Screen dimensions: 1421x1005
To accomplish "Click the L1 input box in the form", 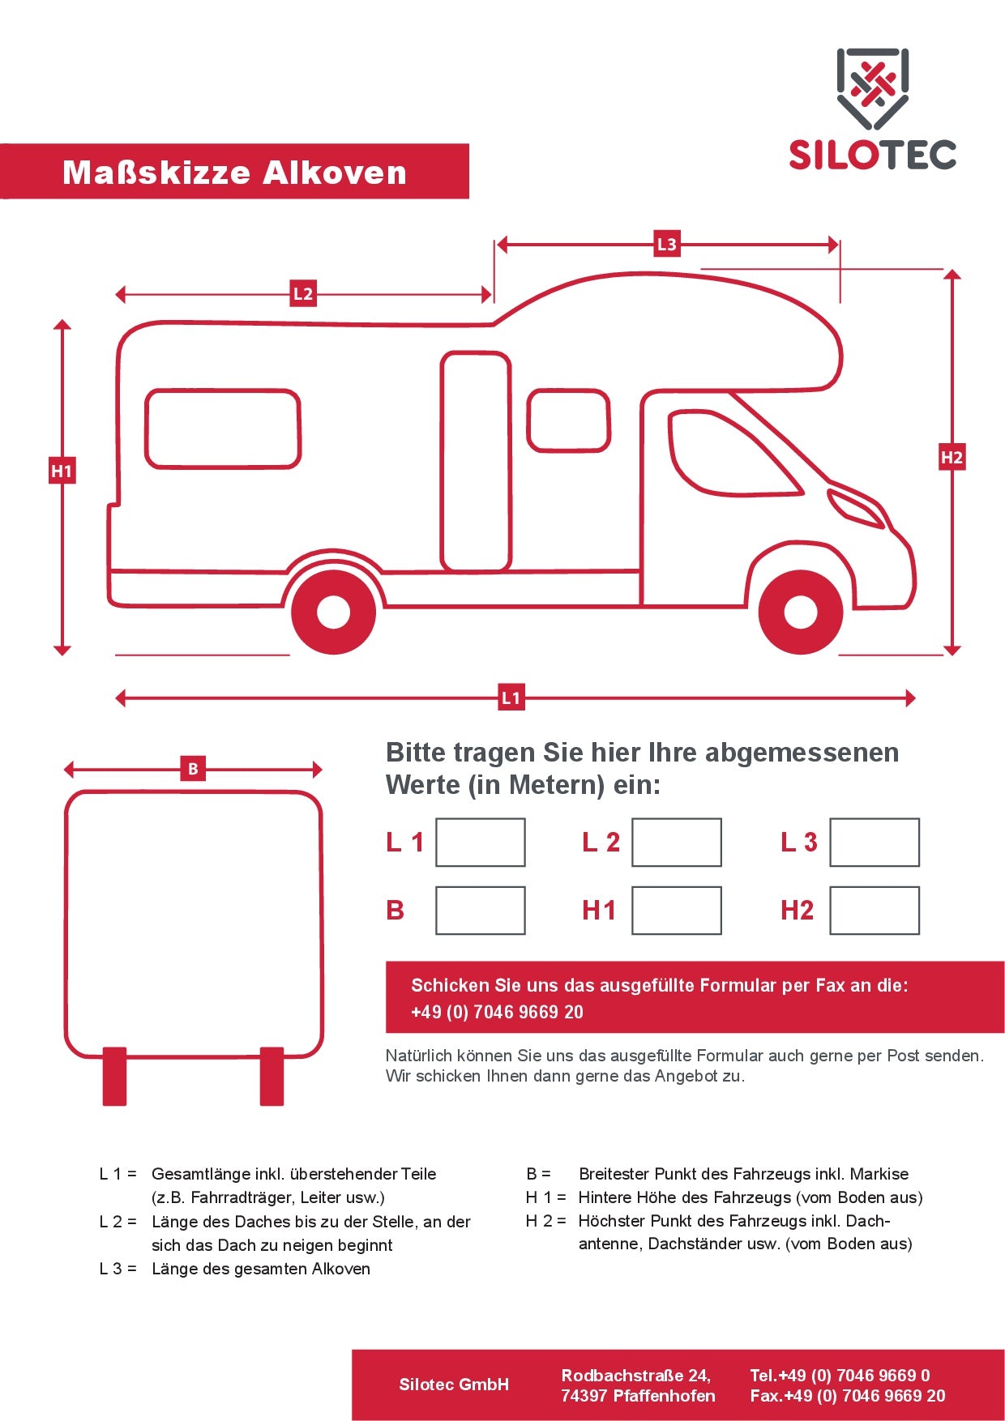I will [x=480, y=842].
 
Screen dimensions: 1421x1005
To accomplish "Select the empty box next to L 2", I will [x=676, y=842].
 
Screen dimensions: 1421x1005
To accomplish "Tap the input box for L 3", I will [x=874, y=842].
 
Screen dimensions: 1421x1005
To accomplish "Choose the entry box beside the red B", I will [x=480, y=910].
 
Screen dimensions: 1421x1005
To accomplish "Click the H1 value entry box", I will [x=676, y=910].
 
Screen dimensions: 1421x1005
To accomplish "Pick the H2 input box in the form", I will [x=874, y=910].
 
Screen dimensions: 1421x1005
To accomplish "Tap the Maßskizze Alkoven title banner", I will [x=234, y=172].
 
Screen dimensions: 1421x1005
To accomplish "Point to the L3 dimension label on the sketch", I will [x=666, y=244].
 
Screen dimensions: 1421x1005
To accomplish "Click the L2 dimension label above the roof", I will [x=302, y=293].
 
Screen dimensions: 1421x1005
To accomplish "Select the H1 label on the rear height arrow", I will [x=62, y=471].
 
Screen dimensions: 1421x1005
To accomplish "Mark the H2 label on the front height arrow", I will [x=952, y=457].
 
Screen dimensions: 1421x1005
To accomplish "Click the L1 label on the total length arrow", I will [x=511, y=698].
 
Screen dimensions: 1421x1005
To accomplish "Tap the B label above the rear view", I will [x=193, y=769].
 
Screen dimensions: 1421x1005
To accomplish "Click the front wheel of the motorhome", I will [x=800, y=612].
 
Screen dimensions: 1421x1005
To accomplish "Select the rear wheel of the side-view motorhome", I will [x=333, y=612].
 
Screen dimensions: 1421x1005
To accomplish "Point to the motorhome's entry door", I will [x=476, y=462].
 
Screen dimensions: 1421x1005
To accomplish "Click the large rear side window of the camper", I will [x=223, y=429].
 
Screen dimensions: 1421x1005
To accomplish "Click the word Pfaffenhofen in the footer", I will [x=664, y=1396].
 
